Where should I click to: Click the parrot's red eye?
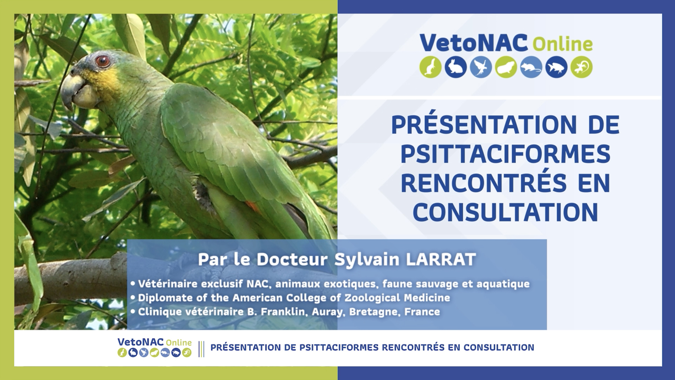point(103,61)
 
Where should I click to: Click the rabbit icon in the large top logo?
point(456,67)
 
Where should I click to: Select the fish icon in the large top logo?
point(556,67)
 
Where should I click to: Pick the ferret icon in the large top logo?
point(431,67)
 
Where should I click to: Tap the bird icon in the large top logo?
point(481,67)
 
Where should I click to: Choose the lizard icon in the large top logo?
point(582,67)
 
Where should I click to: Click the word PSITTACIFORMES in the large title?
point(505,154)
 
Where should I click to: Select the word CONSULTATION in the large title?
point(505,212)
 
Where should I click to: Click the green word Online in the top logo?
point(563,44)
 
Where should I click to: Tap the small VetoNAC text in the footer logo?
point(141,342)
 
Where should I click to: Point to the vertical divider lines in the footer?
point(202,349)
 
